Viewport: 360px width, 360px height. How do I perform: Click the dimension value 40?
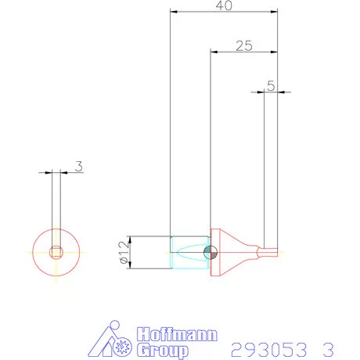pos(224,5)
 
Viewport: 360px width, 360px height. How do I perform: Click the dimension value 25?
pos(243,46)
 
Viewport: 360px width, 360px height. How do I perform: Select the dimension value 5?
pos(270,86)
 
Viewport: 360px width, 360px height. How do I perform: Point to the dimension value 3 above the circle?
pos(78,165)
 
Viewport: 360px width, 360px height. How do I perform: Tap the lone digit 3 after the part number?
pos(327,347)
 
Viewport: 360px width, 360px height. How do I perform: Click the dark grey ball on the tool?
pos(209,252)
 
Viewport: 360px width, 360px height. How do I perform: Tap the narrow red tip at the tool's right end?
pos(270,252)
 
